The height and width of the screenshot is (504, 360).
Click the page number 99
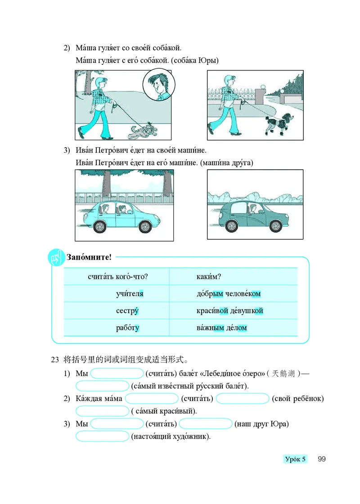coord(321,459)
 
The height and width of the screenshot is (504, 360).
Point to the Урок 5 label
coord(295,459)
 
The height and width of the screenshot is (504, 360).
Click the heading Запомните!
coord(89,257)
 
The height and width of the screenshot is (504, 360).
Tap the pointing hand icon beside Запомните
coord(56,258)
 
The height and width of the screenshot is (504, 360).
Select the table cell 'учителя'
coord(130,294)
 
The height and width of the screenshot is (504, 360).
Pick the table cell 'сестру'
coord(127,311)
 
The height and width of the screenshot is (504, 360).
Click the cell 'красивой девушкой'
coord(229,311)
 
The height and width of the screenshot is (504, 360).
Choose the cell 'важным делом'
coord(222,328)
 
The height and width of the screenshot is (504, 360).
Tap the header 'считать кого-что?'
coord(118,277)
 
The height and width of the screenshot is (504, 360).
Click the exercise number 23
coord(55,360)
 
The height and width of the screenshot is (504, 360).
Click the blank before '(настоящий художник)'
coord(102,436)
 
